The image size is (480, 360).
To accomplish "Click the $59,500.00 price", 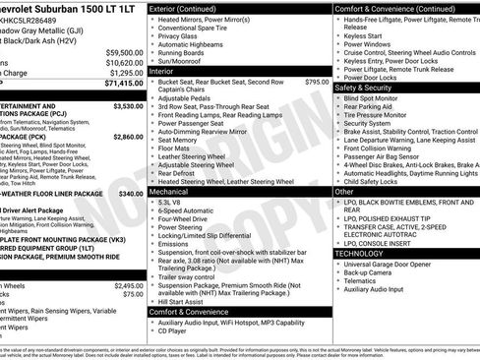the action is tap(124, 52).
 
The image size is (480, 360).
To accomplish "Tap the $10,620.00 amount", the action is tap(124, 62).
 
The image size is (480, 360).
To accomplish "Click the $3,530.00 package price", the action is tap(128, 106).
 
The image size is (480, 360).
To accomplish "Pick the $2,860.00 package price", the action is tap(128, 137).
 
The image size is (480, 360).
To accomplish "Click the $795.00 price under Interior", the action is tap(318, 82).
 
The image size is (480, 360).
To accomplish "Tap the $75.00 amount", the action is tap(133, 293).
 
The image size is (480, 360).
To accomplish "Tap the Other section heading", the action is tap(344, 193).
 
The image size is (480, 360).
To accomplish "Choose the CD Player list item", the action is tap(176, 331).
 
